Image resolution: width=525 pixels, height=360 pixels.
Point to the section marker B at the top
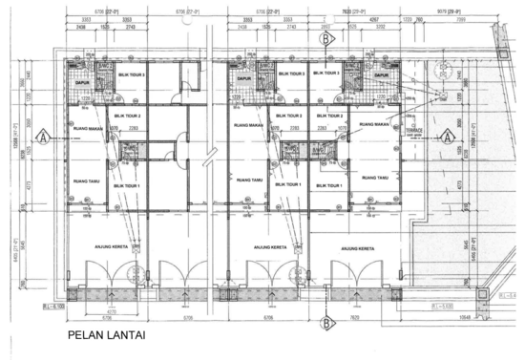click(x=326, y=40)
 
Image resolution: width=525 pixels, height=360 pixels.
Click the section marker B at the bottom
click(x=326, y=324)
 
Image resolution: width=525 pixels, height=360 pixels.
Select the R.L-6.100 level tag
click(x=38, y=304)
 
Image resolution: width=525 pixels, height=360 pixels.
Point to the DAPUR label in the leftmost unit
click(x=82, y=84)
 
